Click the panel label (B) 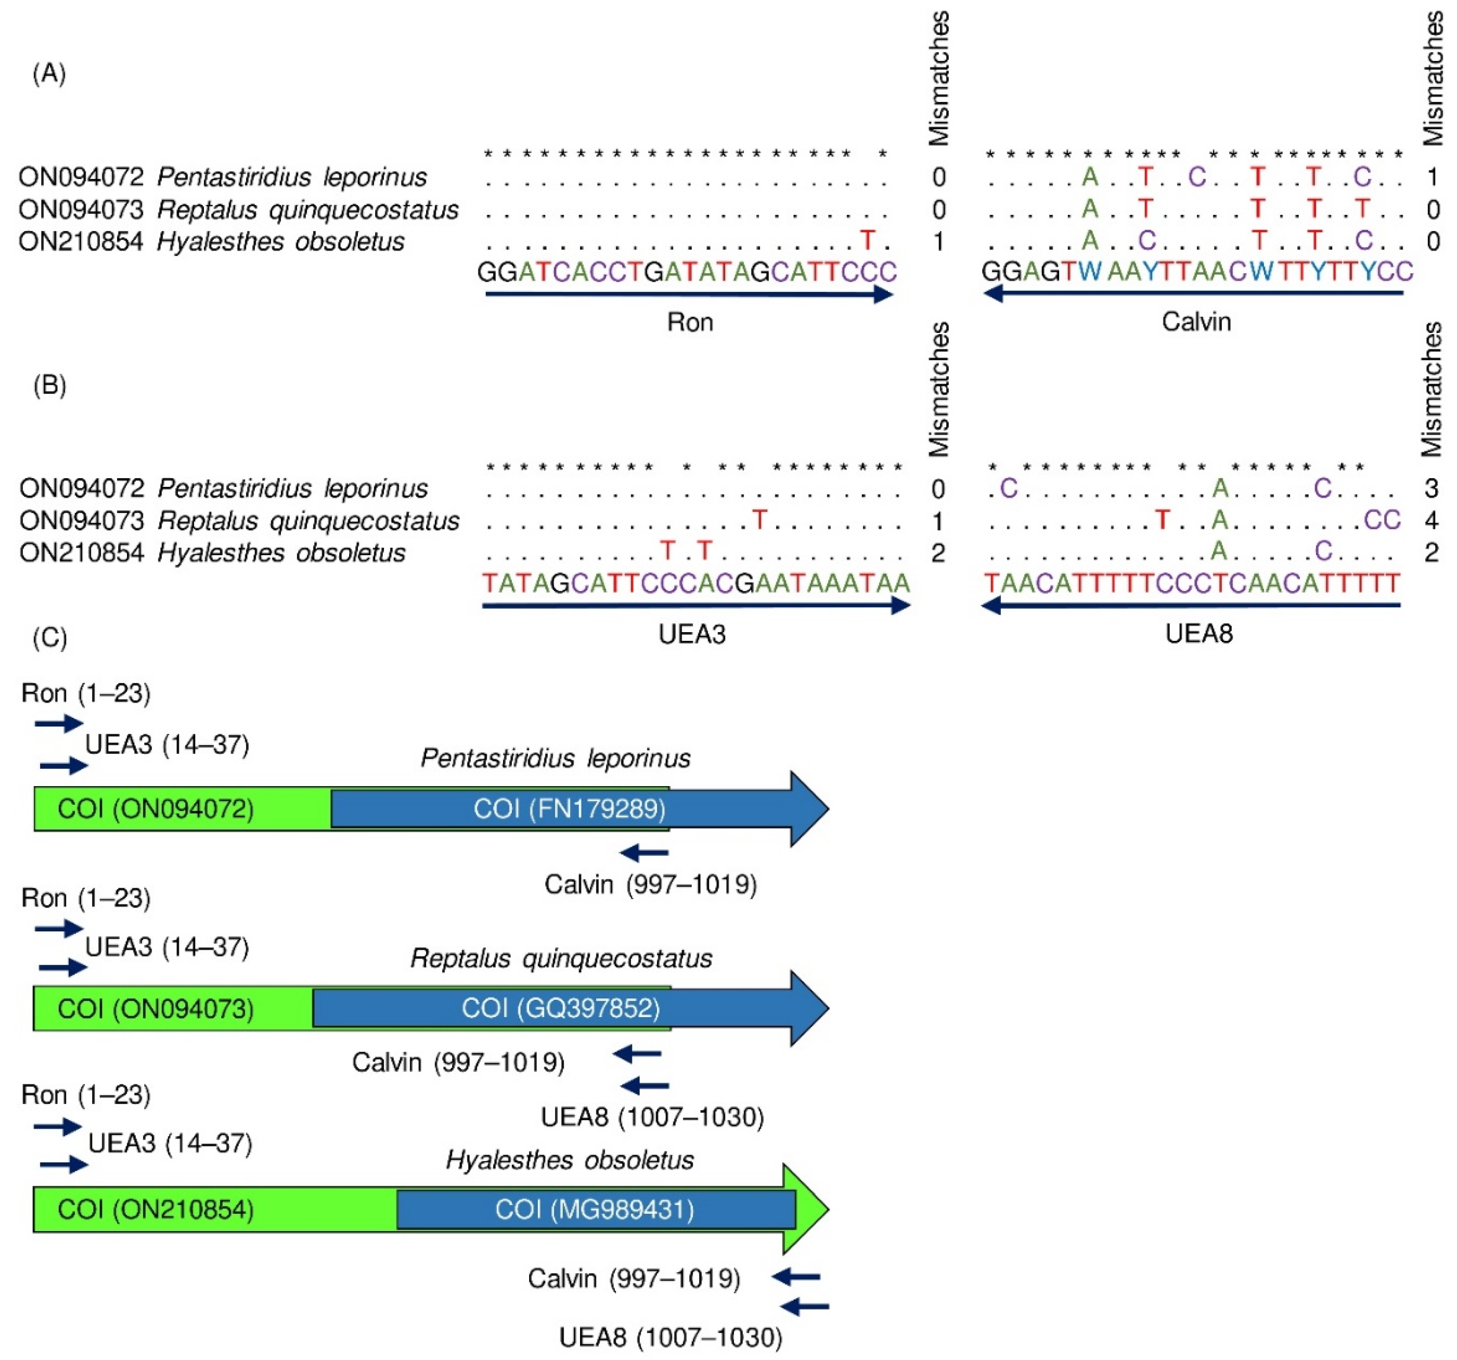pyautogui.click(x=50, y=385)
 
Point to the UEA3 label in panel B pyautogui.click(x=692, y=634)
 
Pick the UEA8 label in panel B pyautogui.click(x=1199, y=634)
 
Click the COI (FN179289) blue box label pyautogui.click(x=570, y=809)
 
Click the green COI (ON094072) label pyautogui.click(x=155, y=809)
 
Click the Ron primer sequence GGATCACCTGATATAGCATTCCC pyautogui.click(x=687, y=272)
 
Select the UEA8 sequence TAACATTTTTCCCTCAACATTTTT pyautogui.click(x=1192, y=583)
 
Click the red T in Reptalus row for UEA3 pyautogui.click(x=759, y=520)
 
